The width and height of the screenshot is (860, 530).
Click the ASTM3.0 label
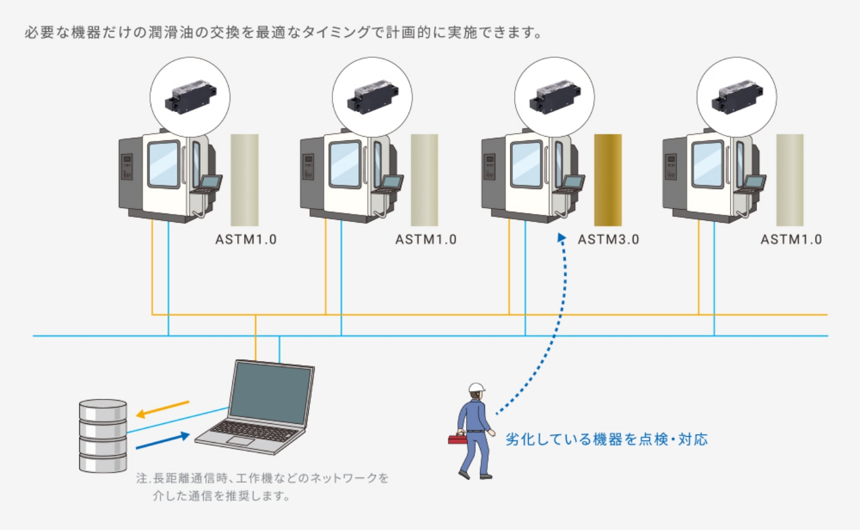(608, 240)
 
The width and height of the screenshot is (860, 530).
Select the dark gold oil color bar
(607, 180)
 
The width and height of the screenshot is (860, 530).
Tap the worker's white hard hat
(476, 388)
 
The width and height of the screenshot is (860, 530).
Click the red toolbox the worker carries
(457, 439)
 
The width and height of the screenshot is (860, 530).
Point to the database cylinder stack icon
(103, 435)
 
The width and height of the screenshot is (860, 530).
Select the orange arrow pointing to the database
(162, 409)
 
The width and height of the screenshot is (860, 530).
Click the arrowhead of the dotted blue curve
(562, 238)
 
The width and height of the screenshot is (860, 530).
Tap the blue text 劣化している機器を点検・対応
(606, 439)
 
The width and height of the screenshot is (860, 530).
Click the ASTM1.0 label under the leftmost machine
(246, 240)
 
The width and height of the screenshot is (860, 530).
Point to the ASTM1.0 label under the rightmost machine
(790, 240)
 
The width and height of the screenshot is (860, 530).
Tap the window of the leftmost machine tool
(163, 163)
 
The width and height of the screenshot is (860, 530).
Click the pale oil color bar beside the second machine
(424, 180)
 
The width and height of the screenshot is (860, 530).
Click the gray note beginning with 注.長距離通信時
(262, 487)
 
